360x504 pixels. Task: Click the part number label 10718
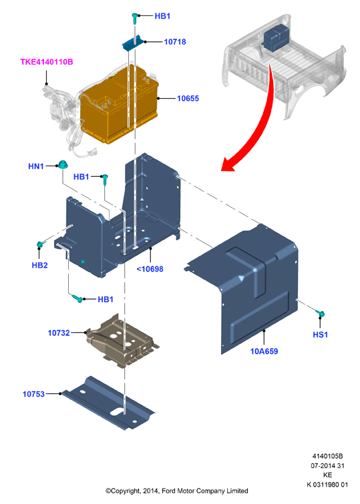coord(175,42)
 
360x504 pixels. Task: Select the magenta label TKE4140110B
coord(47,61)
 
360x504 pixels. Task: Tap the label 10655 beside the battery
coord(188,98)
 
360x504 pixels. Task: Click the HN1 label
coord(36,166)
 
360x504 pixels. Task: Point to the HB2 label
coord(39,265)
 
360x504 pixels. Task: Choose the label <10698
coord(150,269)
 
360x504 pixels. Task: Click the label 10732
coord(59,333)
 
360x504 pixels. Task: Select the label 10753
coord(33,394)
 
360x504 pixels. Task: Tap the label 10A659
coord(264,351)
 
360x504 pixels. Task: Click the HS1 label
coord(320,334)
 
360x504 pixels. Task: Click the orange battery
coord(120,104)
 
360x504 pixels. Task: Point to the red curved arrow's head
coord(228,164)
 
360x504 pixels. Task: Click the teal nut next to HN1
coord(62,165)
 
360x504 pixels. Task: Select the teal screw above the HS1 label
coord(321,313)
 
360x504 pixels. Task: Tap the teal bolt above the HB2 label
coord(39,244)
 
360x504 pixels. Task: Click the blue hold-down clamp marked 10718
coord(132,43)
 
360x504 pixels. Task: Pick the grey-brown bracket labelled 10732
coord(122,340)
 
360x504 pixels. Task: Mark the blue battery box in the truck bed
coord(275,37)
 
